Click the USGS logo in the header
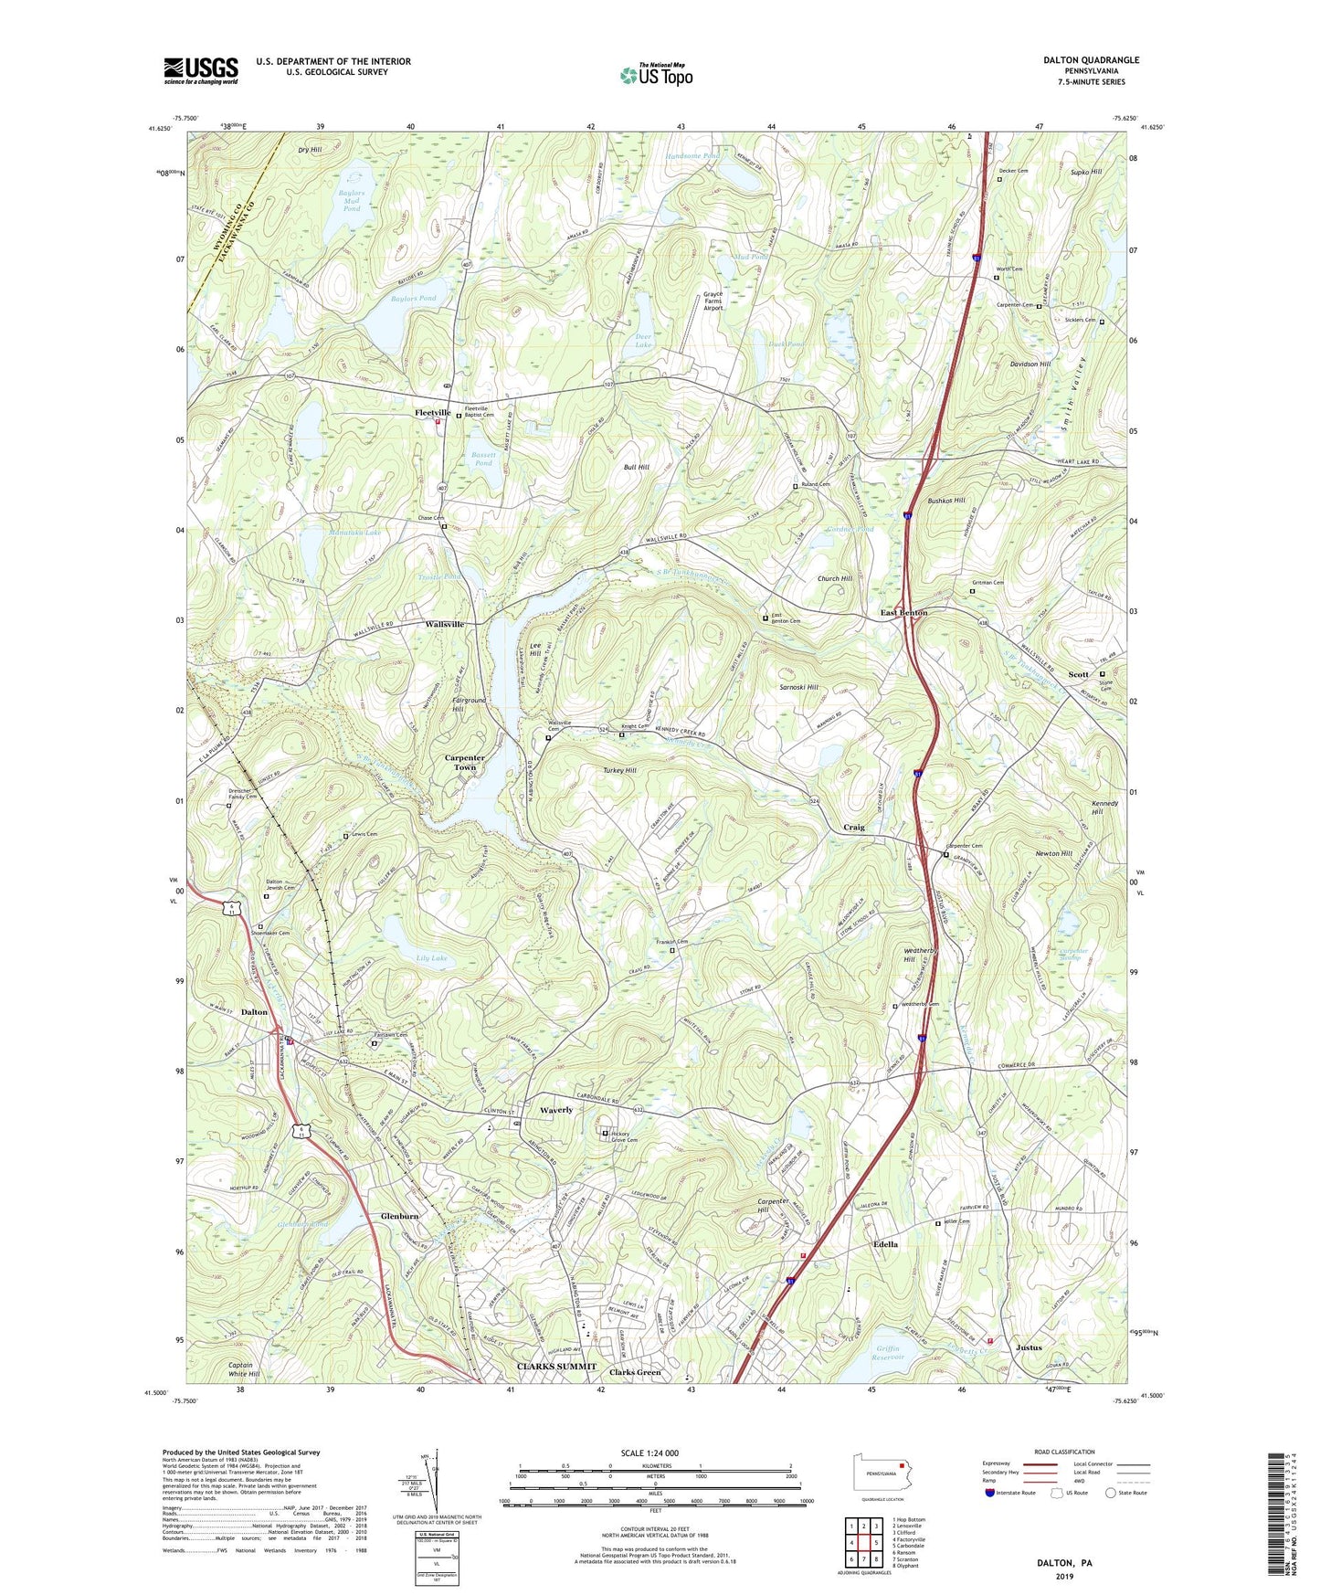(201, 70)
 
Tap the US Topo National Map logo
(655, 74)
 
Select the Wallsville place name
(444, 624)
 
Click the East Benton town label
(903, 613)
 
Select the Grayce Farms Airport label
(713, 301)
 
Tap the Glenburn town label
(400, 1217)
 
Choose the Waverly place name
(556, 1110)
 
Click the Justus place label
(1029, 1347)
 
